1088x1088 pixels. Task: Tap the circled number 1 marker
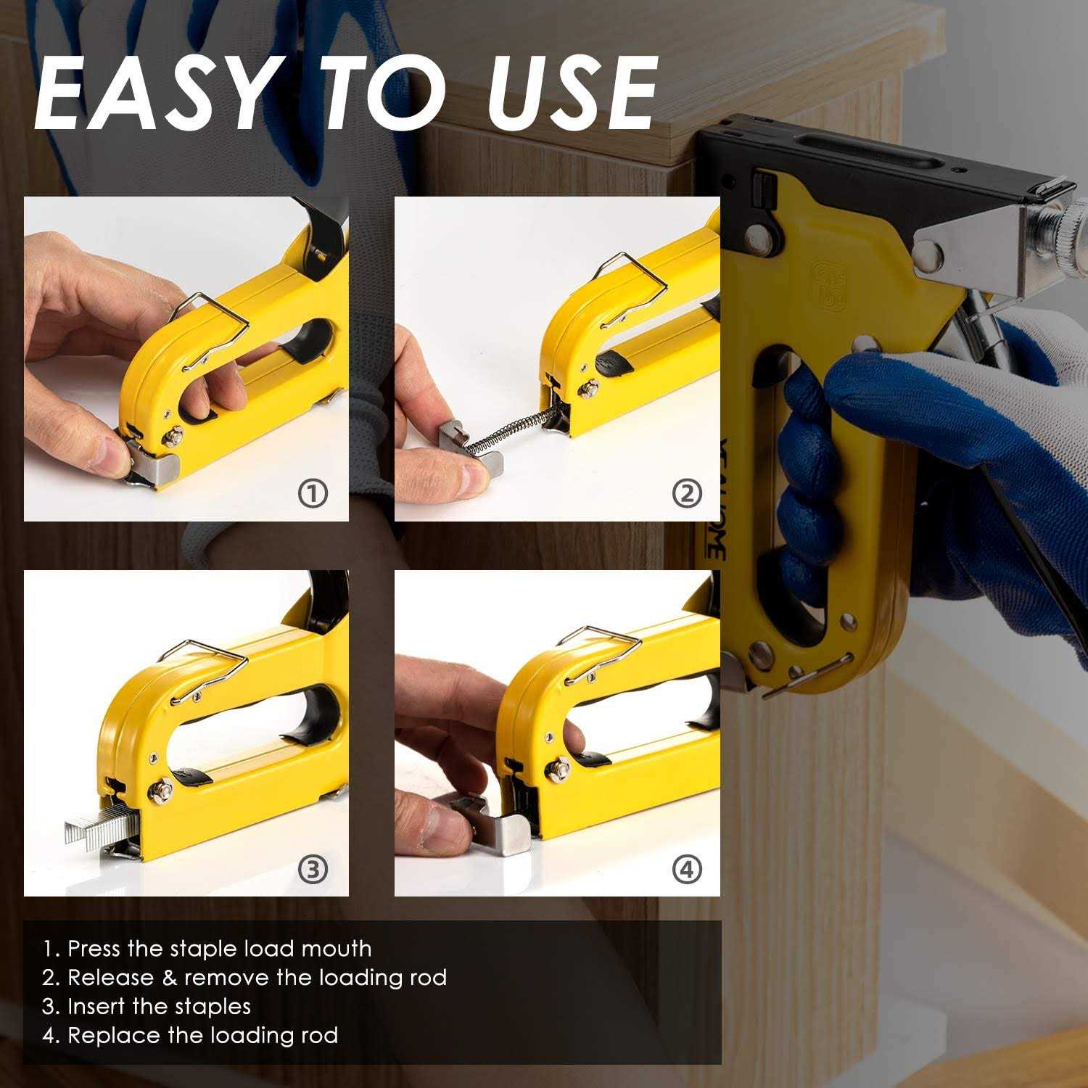pos(313,494)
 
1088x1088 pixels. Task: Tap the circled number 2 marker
pos(687,494)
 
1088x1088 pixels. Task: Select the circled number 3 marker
pos(313,869)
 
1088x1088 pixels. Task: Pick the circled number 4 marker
pos(687,869)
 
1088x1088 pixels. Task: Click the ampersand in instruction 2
pos(170,978)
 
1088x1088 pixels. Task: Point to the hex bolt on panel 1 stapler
pos(174,437)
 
